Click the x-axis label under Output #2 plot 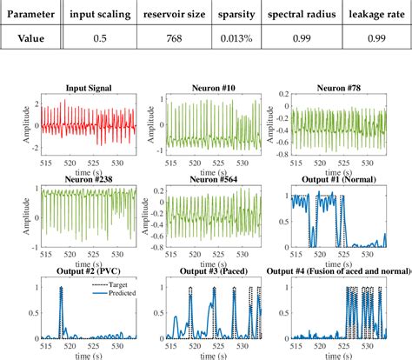pos(96,355)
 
